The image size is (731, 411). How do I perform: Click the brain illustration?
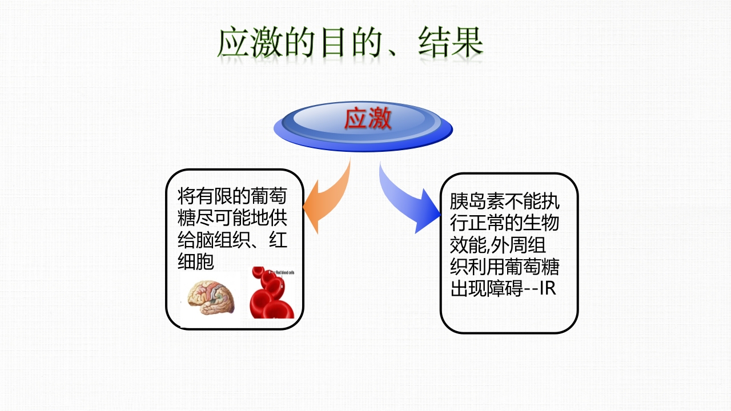point(212,296)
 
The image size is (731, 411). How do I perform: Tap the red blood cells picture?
point(272,294)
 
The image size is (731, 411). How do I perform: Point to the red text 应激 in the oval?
point(368,119)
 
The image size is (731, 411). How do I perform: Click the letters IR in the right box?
point(548,288)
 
